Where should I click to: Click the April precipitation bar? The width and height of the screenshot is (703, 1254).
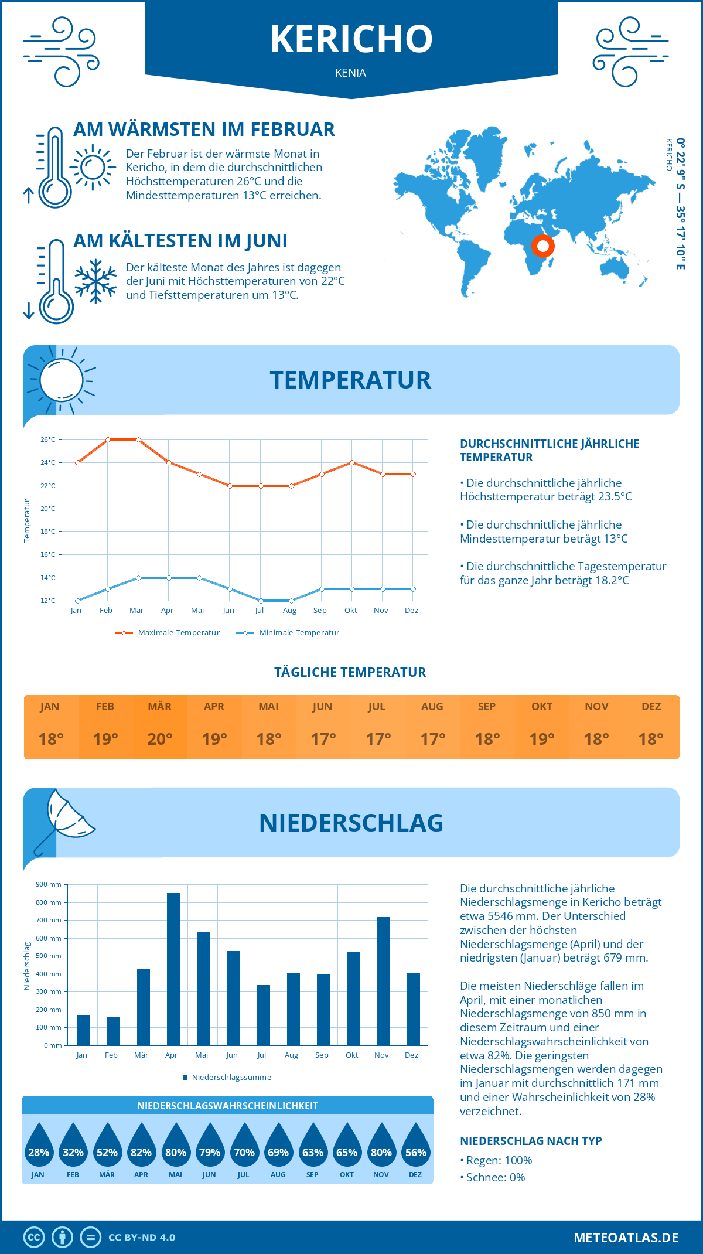coord(173,969)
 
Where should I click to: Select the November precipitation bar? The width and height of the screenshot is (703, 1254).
coord(384,981)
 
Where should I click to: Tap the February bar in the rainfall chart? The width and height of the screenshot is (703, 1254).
coord(113,1031)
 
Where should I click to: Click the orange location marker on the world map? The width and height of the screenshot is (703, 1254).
coord(543,246)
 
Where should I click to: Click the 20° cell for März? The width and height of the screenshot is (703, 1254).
coord(160,739)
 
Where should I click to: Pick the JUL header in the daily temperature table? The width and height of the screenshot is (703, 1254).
coord(377,707)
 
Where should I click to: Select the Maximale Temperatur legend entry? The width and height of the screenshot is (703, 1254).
coord(168,633)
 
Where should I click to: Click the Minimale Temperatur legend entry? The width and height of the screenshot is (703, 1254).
coord(288,633)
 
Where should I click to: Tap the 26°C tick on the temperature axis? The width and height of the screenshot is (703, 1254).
coord(48,439)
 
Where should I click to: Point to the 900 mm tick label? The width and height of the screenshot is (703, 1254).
coord(49,884)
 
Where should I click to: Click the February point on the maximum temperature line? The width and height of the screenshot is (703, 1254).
coord(108,439)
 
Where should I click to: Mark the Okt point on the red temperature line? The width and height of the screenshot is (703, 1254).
coord(352,462)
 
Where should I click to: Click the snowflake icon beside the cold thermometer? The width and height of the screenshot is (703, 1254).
coord(95,281)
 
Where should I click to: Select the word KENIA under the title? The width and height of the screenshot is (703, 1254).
coord(351,73)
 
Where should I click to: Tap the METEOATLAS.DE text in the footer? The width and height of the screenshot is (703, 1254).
coord(626,1238)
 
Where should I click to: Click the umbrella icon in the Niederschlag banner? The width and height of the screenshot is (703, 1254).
coord(64,819)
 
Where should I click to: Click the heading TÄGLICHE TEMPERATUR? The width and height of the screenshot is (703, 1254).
coord(350,672)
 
